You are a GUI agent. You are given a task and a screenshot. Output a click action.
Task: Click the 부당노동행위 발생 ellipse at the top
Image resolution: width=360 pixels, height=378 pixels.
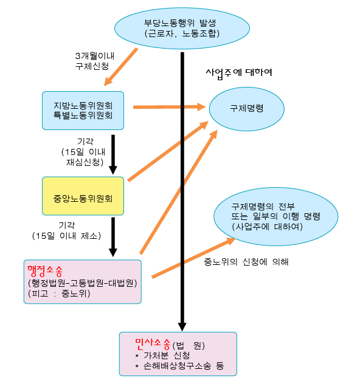click(x=182, y=28)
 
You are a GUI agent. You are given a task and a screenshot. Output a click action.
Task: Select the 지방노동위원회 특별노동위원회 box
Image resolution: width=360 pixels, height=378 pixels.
click(x=83, y=111)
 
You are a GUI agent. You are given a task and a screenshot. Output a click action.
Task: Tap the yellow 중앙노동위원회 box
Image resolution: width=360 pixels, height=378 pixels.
click(x=83, y=196)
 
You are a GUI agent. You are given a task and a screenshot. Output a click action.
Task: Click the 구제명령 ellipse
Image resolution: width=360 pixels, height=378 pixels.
click(x=247, y=109)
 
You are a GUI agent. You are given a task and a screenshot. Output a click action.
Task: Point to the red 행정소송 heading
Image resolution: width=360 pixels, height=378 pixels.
click(x=45, y=271)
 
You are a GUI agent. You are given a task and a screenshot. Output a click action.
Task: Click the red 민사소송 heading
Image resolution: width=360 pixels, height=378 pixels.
click(x=153, y=344)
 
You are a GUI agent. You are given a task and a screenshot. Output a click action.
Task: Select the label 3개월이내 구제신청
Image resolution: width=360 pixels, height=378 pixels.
click(x=95, y=61)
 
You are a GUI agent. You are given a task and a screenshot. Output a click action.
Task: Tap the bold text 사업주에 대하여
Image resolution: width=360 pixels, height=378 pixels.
click(x=239, y=73)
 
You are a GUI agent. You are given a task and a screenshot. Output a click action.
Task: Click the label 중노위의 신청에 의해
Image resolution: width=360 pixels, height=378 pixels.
click(x=246, y=262)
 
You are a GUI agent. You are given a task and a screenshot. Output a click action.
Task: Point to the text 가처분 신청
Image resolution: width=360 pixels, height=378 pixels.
click(x=167, y=356)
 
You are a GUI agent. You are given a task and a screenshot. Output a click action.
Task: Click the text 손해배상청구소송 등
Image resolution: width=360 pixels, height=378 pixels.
click(x=184, y=366)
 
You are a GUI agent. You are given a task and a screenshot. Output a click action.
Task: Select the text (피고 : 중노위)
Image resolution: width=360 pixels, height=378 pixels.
click(x=59, y=294)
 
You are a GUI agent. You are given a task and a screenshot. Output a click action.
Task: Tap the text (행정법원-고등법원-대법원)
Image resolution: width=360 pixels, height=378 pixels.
click(x=83, y=283)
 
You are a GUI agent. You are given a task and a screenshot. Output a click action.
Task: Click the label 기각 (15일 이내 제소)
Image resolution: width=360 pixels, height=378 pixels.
click(x=67, y=231)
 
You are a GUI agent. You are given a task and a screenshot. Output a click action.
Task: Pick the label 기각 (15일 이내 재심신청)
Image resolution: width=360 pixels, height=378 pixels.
click(x=83, y=152)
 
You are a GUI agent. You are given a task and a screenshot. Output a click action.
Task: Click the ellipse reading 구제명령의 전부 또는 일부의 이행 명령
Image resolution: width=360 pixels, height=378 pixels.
click(x=276, y=216)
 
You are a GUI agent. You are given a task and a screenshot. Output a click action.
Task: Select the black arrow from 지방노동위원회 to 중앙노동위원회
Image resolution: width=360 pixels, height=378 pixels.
click(x=113, y=154)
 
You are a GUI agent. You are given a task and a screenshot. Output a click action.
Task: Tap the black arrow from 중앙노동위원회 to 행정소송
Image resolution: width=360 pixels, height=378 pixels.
click(x=113, y=237)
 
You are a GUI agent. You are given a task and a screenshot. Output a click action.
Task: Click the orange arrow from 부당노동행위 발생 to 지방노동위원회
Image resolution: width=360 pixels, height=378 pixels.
click(x=121, y=67)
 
